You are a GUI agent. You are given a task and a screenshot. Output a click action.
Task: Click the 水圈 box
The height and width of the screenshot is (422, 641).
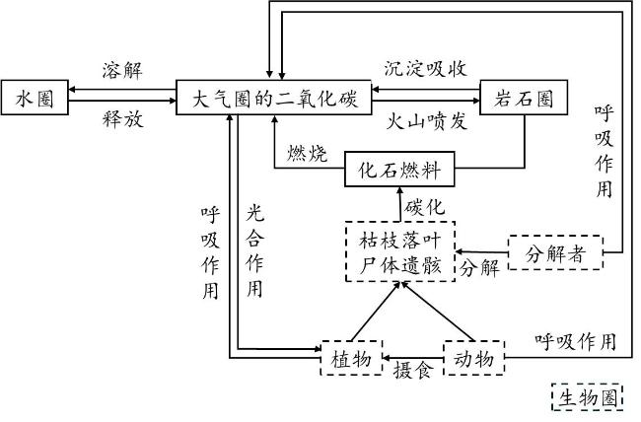(x=34, y=98)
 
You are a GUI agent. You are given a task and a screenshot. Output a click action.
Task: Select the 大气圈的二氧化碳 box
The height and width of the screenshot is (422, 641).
(x=274, y=98)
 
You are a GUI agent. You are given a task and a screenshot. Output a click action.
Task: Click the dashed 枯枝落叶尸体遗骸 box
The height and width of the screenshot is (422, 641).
(x=398, y=252)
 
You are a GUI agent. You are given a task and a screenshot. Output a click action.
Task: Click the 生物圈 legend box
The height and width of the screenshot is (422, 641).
(x=588, y=397)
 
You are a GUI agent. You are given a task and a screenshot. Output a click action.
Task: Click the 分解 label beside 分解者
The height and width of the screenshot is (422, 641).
(x=479, y=267)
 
